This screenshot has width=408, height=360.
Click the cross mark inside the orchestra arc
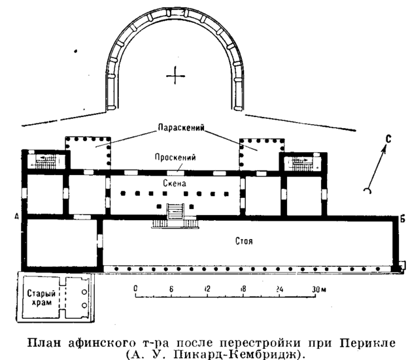(175, 76)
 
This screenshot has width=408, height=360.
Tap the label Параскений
(181, 127)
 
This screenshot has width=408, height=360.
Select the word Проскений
(175, 157)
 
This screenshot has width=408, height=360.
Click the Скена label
(175, 184)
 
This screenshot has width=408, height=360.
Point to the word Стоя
(244, 241)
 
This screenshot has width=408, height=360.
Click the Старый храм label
(41, 298)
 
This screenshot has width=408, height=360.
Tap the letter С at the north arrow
(388, 139)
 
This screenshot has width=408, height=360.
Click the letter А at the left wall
(17, 216)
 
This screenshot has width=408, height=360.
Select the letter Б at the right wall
(403, 220)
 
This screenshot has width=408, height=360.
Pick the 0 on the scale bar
(135, 289)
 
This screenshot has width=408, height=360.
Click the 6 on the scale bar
(171, 289)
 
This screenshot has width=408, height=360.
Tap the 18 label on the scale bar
(243, 289)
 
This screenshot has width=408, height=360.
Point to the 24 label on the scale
(279, 289)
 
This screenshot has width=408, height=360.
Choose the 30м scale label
(319, 289)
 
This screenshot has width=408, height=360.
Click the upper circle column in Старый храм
(84, 292)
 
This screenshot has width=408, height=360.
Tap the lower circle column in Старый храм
(84, 305)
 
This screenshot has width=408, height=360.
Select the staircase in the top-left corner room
(46, 161)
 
